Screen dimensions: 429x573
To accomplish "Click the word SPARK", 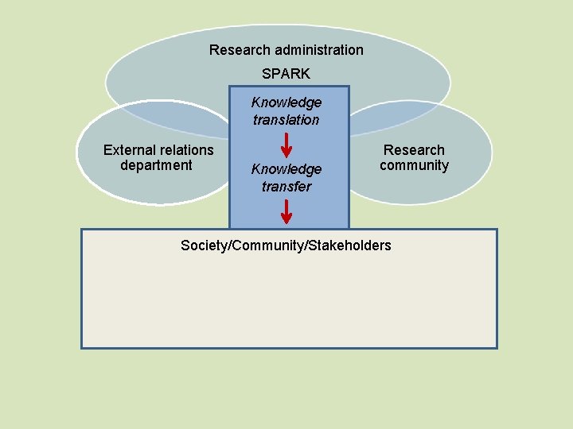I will pos(286,74).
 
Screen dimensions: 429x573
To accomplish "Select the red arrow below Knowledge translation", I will pos(286,145).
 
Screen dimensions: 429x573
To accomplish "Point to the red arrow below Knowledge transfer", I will pos(286,212).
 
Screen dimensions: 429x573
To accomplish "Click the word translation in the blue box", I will pos(286,120).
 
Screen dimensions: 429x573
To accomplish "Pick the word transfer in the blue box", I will pos(286,187).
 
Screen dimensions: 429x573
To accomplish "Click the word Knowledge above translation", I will pos(286,102).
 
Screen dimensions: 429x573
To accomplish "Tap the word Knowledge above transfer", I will pos(286,169).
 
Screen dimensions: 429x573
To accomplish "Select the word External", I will pos(130,149).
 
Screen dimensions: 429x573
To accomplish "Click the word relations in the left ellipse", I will pos(186,149).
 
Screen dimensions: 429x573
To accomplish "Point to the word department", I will pos(156,165).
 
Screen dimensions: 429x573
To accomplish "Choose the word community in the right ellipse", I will pos(414,165).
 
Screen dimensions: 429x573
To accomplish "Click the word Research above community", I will pos(414,149).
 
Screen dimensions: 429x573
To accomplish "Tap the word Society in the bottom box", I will pos(203,245).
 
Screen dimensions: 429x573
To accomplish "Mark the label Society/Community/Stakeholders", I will pos(286,245).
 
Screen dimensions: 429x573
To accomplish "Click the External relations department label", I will pos(158,157).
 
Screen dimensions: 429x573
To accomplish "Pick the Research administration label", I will pos(286,50).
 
